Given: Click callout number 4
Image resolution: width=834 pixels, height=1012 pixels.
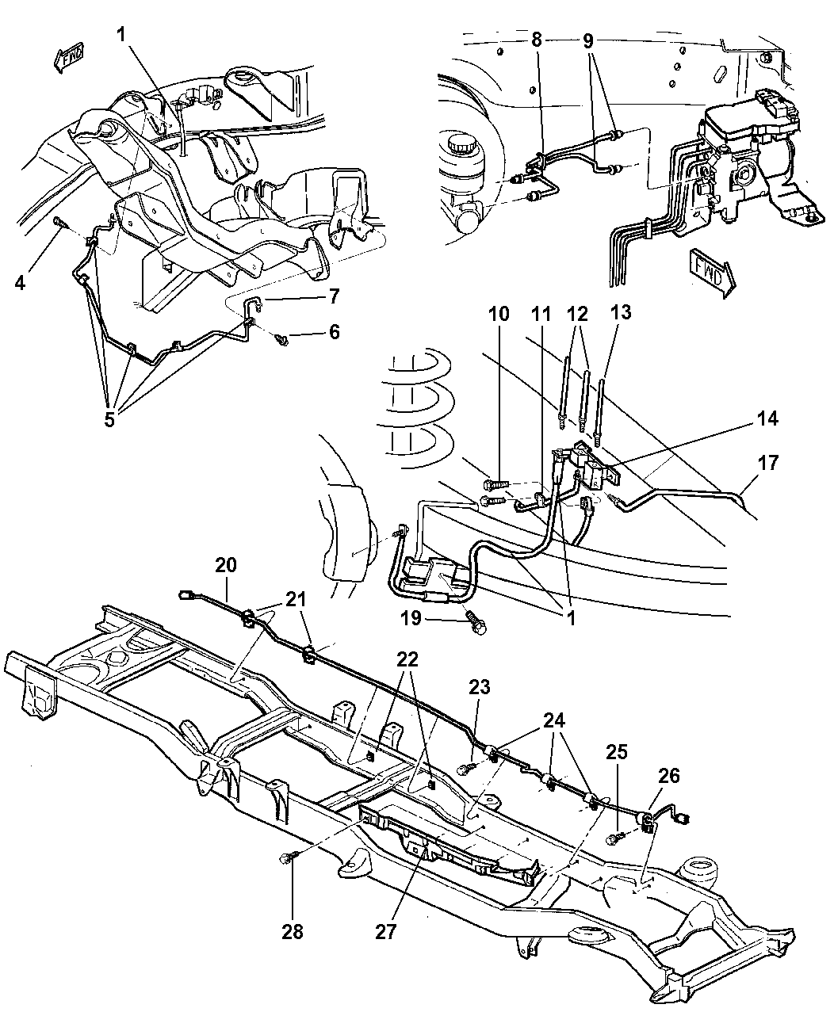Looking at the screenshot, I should click(x=20, y=281).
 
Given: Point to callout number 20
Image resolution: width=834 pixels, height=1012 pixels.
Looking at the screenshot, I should click(x=226, y=565).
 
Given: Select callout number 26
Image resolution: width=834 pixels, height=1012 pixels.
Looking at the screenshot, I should click(x=669, y=776).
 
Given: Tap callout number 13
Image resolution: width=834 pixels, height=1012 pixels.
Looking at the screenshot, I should click(x=622, y=313).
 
